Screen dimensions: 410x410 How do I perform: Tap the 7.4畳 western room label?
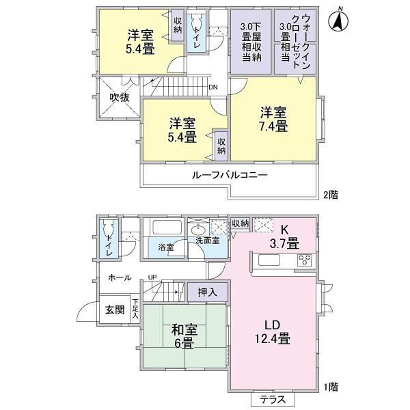click(x=272, y=119)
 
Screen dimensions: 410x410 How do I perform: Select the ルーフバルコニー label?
click(x=229, y=175)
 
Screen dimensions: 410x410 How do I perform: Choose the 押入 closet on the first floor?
click(x=208, y=292)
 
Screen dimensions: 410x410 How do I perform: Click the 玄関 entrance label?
click(x=114, y=310)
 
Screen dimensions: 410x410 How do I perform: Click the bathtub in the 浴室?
click(x=164, y=229)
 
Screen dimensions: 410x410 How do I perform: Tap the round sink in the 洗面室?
click(x=200, y=230)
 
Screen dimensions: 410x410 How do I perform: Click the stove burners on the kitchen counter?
click(x=304, y=260)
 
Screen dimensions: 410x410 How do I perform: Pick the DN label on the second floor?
click(x=213, y=87)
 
